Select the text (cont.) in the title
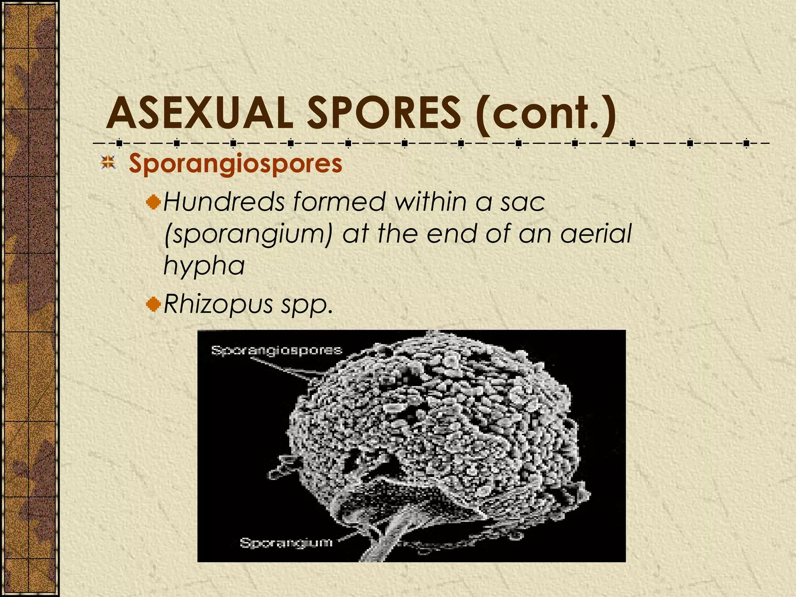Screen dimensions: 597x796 pyautogui.click(x=544, y=113)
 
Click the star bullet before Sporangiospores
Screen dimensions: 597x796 pyautogui.click(x=108, y=163)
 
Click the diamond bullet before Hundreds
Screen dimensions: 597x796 pyautogui.click(x=154, y=202)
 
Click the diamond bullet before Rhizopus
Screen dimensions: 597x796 pyautogui.click(x=154, y=304)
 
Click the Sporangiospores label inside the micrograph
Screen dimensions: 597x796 pyautogui.click(x=276, y=350)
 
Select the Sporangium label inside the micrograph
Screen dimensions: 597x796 pyautogui.click(x=286, y=543)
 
